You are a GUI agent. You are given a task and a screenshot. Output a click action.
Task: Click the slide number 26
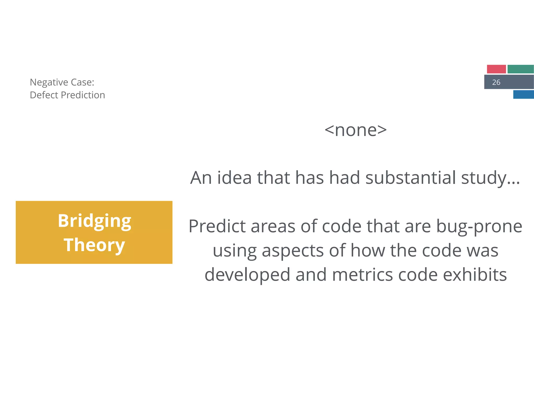coord(496,82)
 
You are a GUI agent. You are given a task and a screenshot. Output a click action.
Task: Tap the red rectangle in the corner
coord(496,69)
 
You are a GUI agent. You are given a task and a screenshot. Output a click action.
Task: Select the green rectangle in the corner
coord(520,69)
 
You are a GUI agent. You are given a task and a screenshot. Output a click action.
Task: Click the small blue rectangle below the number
coord(523,94)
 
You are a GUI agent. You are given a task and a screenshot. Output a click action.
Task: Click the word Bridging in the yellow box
coord(94,221)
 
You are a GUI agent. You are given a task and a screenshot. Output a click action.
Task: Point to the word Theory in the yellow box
coord(94,245)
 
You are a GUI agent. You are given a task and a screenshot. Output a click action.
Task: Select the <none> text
coord(355,130)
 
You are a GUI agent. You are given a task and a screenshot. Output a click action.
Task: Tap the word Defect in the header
coord(44,95)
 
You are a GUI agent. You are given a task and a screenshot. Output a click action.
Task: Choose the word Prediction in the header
coord(83,95)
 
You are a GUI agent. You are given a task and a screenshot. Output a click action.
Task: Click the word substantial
coord(411,178)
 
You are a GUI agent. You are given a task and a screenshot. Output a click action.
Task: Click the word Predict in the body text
coord(217,226)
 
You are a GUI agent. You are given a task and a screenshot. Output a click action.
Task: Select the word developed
coord(247,275)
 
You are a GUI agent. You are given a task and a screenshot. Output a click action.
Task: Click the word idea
coord(234,178)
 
